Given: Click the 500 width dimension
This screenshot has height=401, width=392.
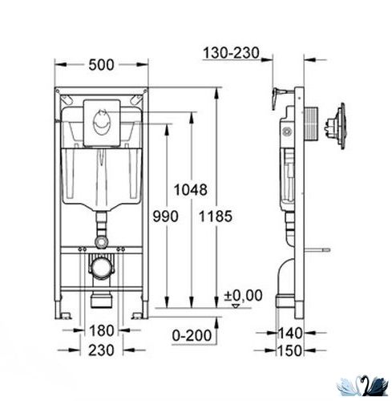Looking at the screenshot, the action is pos(101,65).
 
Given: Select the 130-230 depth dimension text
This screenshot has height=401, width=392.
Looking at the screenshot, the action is pos(231,53).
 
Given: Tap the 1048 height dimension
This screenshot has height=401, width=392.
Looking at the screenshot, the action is pos(190,190).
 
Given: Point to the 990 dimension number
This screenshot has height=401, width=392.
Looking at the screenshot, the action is pos(165,216).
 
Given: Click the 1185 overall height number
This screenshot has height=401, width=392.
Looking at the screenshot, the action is pos(216,216).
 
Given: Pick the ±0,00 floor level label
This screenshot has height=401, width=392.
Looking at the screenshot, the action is pos(243,296).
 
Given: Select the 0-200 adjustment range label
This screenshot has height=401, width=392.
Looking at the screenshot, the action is pos(192,335).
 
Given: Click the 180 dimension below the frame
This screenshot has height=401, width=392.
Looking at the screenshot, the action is pos(102,330).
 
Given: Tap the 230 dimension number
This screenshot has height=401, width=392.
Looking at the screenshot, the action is pos(101,350).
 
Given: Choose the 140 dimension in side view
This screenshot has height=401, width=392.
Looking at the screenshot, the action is pos(290,334).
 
